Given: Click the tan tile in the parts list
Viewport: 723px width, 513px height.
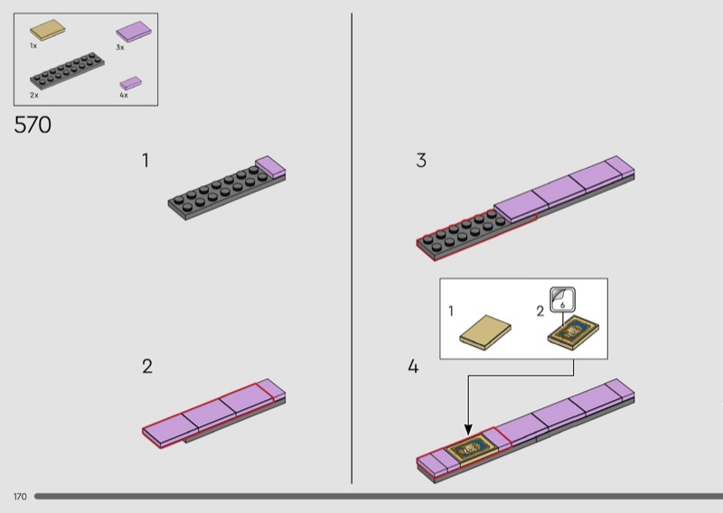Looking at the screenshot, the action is pos(48,30).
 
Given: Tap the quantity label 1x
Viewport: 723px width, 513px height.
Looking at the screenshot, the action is pos(33,46).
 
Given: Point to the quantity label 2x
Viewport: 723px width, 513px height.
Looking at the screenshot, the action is pos(34,95).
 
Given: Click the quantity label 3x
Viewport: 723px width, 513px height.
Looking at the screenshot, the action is pos(120,47).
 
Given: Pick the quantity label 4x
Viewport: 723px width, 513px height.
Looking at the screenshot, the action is pos(124,95).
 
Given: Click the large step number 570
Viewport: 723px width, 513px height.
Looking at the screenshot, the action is pos(33,125).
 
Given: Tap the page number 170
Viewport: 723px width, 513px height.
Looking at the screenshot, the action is pos(20,497).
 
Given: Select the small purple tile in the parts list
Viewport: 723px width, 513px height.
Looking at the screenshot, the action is pos(131,83).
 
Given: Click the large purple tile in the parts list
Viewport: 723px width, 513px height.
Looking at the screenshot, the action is pos(134,32).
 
